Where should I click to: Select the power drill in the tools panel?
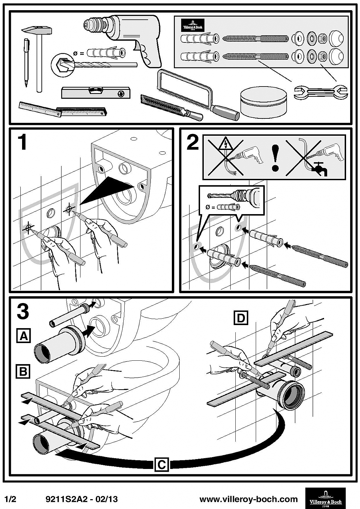click(136, 37)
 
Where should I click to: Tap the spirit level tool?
click(95, 92)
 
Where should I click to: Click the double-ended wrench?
click(321, 92)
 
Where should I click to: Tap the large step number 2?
click(193, 143)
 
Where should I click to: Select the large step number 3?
click(23, 311)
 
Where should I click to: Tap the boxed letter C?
click(162, 464)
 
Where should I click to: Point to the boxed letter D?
click(241, 318)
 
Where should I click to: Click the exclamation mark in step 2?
click(276, 157)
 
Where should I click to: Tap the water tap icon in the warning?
click(319, 169)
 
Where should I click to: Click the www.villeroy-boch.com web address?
click(248, 499)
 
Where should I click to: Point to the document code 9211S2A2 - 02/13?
click(82, 499)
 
